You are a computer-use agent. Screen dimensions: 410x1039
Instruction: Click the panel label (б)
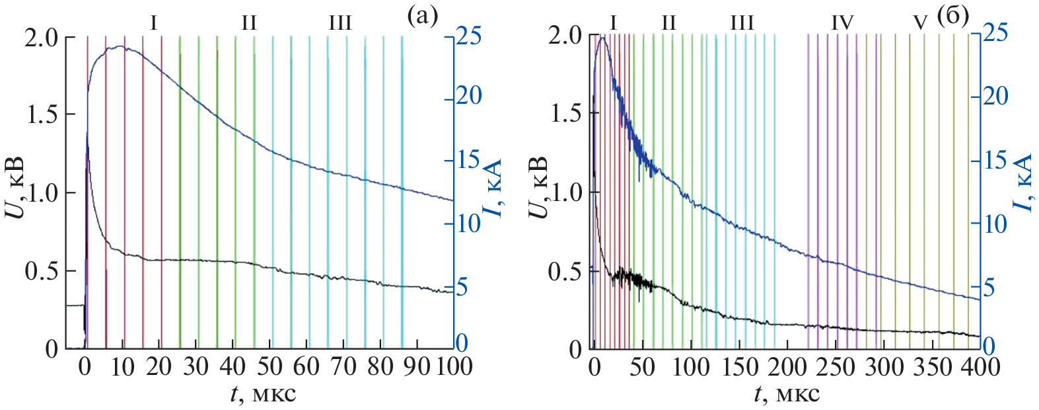tap(952, 16)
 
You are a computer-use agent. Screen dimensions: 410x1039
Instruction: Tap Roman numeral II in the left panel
tap(248, 24)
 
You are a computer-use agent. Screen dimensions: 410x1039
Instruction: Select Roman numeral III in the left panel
tap(340, 24)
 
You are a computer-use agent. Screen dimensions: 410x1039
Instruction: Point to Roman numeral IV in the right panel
tap(842, 23)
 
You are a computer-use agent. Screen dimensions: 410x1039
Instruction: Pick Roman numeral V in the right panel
tap(919, 24)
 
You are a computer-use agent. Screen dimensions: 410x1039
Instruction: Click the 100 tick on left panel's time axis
tap(454, 366)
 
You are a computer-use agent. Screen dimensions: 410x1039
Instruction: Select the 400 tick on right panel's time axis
tap(979, 366)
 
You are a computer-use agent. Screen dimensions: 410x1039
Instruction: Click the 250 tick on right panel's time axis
tap(834, 366)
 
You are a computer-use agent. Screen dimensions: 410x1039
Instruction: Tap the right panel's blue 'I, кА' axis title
tap(1021, 184)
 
